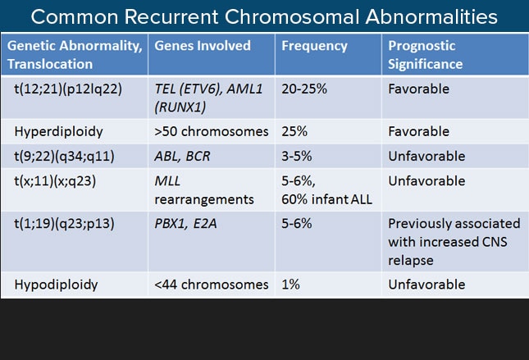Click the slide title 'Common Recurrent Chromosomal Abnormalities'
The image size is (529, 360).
tap(264, 16)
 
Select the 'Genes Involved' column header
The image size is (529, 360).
tap(203, 46)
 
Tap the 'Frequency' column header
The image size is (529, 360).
tap(314, 46)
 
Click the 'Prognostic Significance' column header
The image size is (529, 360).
tap(425, 55)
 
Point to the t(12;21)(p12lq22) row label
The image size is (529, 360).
tap(68, 89)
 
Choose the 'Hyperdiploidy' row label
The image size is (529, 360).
tap(58, 131)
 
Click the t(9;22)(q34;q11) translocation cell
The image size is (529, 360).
tap(64, 157)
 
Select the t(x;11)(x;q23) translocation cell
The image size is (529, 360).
tap(55, 181)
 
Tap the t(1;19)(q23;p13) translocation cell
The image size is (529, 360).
tap(64, 224)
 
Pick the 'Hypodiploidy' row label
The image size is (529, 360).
tap(56, 285)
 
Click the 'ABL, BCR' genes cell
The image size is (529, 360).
tap(182, 156)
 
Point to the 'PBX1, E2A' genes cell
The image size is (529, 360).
tap(185, 224)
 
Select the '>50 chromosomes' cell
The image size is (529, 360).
tap(212, 131)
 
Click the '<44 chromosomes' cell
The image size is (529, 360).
tap(212, 285)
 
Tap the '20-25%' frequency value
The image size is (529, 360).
tap(304, 89)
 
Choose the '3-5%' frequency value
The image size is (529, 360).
tap(297, 156)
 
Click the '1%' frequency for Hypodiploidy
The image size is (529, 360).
tap(290, 285)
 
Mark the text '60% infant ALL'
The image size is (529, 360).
tap(326, 199)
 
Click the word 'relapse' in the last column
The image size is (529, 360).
tap(411, 261)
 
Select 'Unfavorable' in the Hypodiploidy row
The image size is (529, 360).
tap(426, 285)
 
